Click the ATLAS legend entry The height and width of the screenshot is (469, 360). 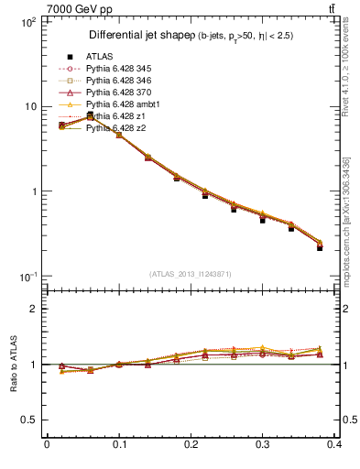click(98, 57)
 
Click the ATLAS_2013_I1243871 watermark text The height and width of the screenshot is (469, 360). click(191, 275)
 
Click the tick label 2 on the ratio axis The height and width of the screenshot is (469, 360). click(34, 309)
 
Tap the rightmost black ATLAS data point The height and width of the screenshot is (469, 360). click(320, 248)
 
